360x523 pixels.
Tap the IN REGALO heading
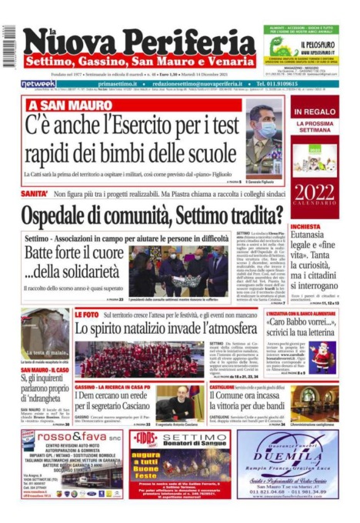point(314,113)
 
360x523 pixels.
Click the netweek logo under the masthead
point(38,84)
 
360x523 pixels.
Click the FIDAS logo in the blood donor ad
point(145,437)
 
